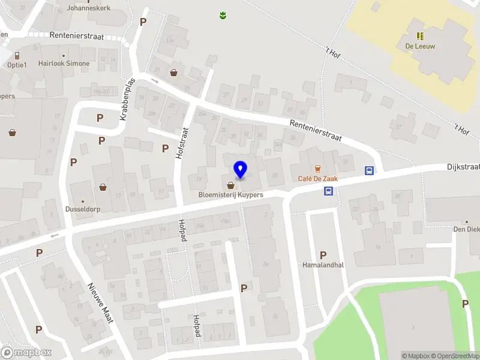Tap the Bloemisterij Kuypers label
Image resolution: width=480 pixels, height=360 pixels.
[x=231, y=195]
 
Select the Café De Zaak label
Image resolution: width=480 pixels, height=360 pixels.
[x=317, y=178]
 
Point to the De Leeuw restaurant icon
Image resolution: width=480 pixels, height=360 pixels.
[x=420, y=36]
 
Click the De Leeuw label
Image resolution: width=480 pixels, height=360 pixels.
[x=420, y=46]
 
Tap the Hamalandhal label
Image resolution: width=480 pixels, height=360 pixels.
[x=323, y=265]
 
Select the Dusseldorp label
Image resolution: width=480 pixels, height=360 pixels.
[x=82, y=210]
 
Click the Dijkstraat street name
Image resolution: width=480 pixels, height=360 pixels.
[x=463, y=167]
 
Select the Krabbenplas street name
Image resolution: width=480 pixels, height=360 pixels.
[x=127, y=100]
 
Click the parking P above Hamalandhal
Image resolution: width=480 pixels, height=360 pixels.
[x=323, y=255]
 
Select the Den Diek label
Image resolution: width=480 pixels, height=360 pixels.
[x=466, y=229]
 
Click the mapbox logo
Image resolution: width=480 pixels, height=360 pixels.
[x=26, y=352]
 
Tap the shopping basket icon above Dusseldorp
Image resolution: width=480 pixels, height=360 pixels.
[x=103, y=187]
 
